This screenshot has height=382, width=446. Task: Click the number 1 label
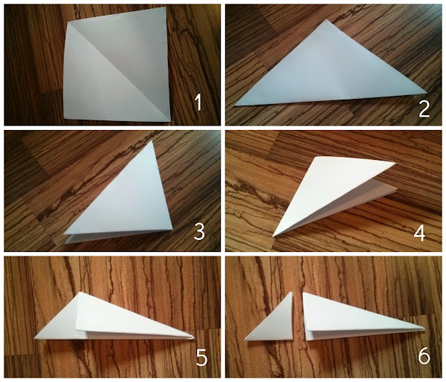[198, 103]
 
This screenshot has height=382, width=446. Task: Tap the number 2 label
[424, 109]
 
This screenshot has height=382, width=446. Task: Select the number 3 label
[199, 232]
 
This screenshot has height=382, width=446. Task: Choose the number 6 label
[424, 357]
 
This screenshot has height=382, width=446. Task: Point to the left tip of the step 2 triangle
[235, 106]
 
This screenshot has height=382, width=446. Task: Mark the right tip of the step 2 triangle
[427, 92]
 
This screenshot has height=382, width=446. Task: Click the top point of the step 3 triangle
[152, 141]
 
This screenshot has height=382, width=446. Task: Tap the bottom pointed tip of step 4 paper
[273, 236]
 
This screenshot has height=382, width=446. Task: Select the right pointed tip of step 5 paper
[194, 337]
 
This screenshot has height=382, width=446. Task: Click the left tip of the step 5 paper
[34, 338]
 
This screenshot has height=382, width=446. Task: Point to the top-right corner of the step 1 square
[166, 7]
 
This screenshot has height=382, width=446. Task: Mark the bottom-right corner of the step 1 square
[171, 122]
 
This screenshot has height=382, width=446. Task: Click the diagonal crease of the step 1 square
[119, 72]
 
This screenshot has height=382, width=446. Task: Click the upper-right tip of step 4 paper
[395, 163]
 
